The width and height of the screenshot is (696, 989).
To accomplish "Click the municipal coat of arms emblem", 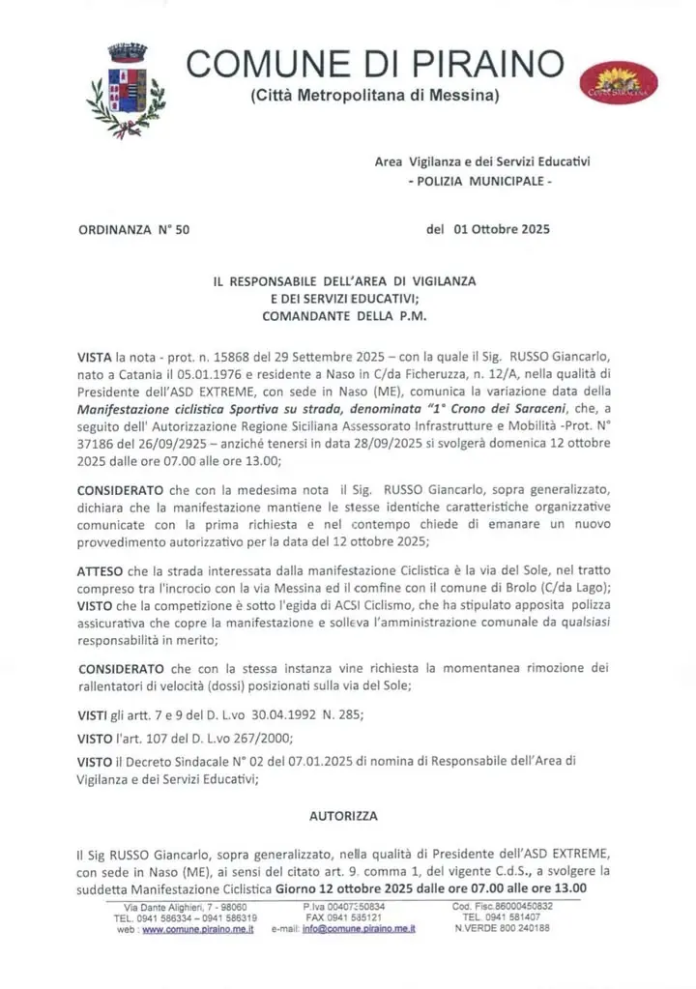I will point(126,89).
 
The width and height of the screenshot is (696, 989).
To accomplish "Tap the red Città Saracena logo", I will point(619,83).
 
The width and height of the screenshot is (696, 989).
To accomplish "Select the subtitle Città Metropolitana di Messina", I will point(375,96).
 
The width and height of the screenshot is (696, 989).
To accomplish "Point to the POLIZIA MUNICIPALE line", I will point(480,181).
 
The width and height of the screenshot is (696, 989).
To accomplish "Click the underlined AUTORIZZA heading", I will point(343,816).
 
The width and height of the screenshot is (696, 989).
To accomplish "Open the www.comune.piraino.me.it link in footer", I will point(198,928).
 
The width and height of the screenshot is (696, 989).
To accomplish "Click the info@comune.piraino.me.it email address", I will point(359,928).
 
